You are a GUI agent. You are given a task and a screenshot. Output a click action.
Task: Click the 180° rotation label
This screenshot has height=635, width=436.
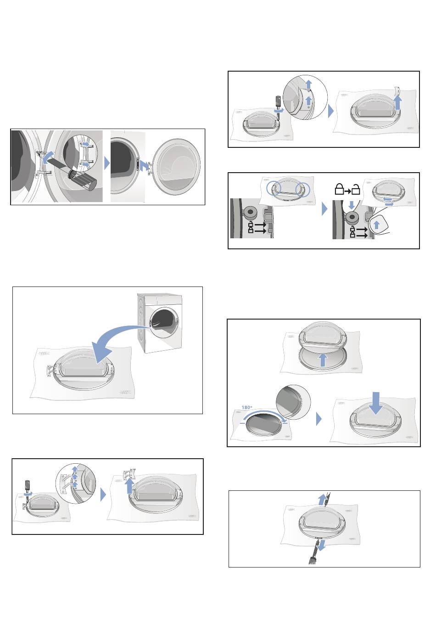[x=246, y=407]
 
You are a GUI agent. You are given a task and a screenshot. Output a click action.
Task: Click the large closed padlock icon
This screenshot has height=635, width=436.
[x=339, y=189]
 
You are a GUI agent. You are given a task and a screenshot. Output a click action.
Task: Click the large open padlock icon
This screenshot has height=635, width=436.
[x=356, y=189]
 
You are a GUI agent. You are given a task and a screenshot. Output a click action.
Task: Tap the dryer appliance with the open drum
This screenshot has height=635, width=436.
[x=160, y=322]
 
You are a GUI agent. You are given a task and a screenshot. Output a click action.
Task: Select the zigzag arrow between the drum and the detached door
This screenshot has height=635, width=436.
[x=145, y=168]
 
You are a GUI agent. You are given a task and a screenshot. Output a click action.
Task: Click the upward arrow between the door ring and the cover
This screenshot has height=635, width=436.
[x=322, y=360]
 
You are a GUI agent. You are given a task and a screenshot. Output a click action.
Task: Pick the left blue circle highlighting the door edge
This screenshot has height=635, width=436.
[x=274, y=189]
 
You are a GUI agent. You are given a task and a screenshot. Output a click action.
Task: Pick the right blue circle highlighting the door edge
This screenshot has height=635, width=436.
[x=302, y=189]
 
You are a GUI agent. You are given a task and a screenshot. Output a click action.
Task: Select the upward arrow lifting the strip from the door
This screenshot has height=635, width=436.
[x=398, y=103]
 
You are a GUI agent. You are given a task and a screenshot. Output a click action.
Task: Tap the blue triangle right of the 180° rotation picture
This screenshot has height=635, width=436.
[x=319, y=419]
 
